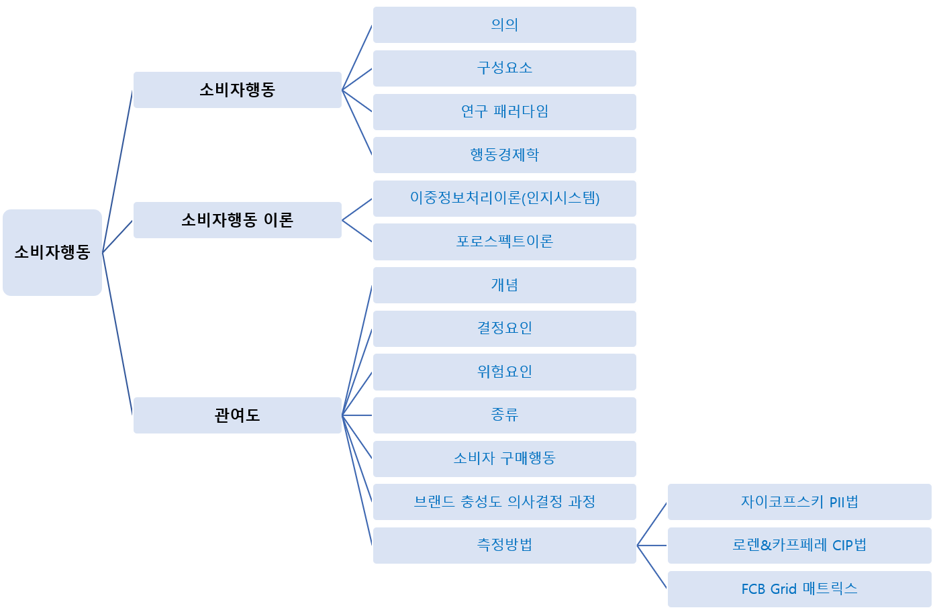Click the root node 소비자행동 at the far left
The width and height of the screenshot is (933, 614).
pyautogui.click(x=52, y=252)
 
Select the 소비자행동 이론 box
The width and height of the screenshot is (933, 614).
pyautogui.click(x=238, y=220)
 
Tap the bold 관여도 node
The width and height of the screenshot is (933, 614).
pyautogui.click(x=238, y=415)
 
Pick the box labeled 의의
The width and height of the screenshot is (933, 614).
pyautogui.click(x=504, y=25)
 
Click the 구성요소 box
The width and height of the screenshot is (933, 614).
pyautogui.click(x=504, y=68)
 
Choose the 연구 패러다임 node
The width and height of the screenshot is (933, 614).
pyautogui.click(x=504, y=111)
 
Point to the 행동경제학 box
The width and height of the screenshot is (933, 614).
pyautogui.click(x=504, y=155)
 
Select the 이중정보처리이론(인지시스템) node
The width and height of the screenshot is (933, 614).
pyautogui.click(x=504, y=198)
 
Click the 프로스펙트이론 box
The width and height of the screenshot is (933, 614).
pyautogui.click(x=504, y=242)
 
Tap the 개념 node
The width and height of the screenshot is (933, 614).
pyautogui.click(x=504, y=285)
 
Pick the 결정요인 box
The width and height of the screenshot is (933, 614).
pyautogui.click(x=504, y=328)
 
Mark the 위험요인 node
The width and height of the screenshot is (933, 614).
pyautogui.click(x=504, y=372)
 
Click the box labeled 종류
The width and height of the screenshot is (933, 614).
pyautogui.click(x=504, y=415)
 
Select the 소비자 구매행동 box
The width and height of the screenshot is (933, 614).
pyautogui.click(x=504, y=459)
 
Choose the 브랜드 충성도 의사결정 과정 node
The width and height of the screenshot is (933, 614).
pyautogui.click(x=504, y=502)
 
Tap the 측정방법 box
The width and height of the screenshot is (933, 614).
pyautogui.click(x=504, y=546)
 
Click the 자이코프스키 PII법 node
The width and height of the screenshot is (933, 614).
pyautogui.click(x=799, y=502)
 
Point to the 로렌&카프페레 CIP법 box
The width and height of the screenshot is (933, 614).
pyautogui.click(x=799, y=546)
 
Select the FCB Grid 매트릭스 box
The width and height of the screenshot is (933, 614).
pyautogui.click(x=799, y=589)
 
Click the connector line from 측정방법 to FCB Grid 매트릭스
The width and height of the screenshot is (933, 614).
pyautogui.click(x=652, y=566)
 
